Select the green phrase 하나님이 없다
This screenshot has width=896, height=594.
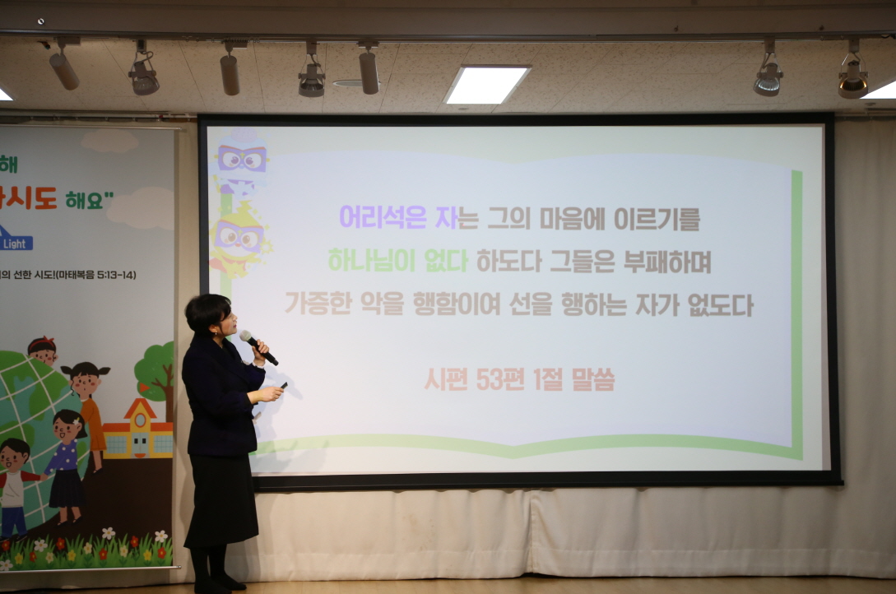click(x=397, y=261)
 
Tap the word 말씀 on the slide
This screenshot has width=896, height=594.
click(x=591, y=378)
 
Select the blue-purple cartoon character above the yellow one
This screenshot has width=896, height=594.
click(x=240, y=160)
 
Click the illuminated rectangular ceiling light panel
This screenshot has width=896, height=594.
click(x=486, y=84)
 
